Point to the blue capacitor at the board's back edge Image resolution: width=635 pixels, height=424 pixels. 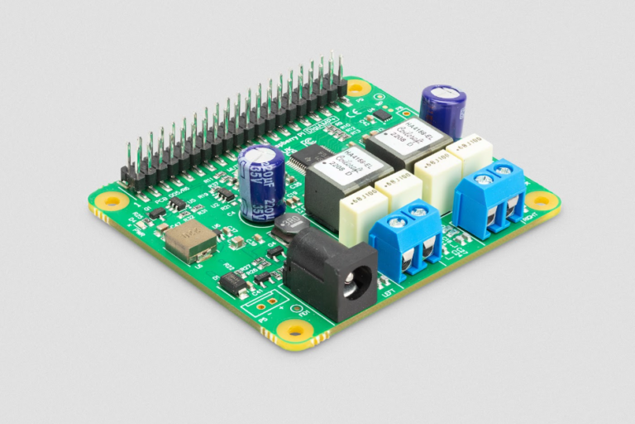coord(442,108)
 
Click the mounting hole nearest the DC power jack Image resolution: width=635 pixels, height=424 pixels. coord(295,330)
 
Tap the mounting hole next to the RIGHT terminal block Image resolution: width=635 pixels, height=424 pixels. coord(541,200)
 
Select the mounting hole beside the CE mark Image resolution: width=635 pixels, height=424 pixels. coord(358,87)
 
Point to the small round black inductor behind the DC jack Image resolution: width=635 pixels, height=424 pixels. coord(289,226)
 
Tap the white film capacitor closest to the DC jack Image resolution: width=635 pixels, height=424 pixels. coord(363,214)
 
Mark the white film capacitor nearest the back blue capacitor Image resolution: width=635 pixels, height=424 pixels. coord(470,152)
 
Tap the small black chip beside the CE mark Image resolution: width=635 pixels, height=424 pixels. coord(381,115)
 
